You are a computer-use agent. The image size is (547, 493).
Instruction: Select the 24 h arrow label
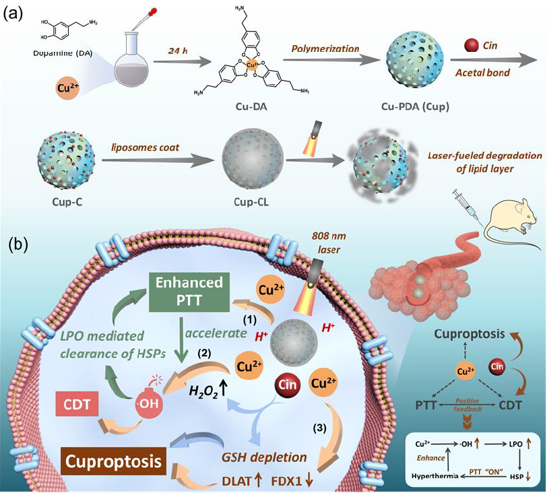coord(181,50)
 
